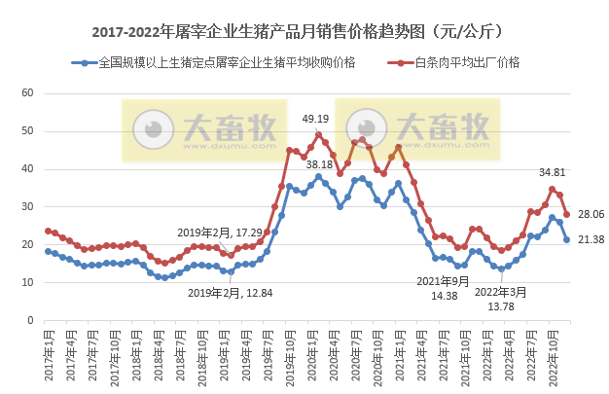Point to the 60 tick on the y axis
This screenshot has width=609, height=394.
coord(27,93)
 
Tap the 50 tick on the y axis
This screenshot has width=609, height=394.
coord(27,131)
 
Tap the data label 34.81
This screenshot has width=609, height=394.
coord(554,172)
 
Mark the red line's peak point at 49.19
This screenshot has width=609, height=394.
coord(318,135)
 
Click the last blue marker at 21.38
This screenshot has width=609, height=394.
coord(567,239)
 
